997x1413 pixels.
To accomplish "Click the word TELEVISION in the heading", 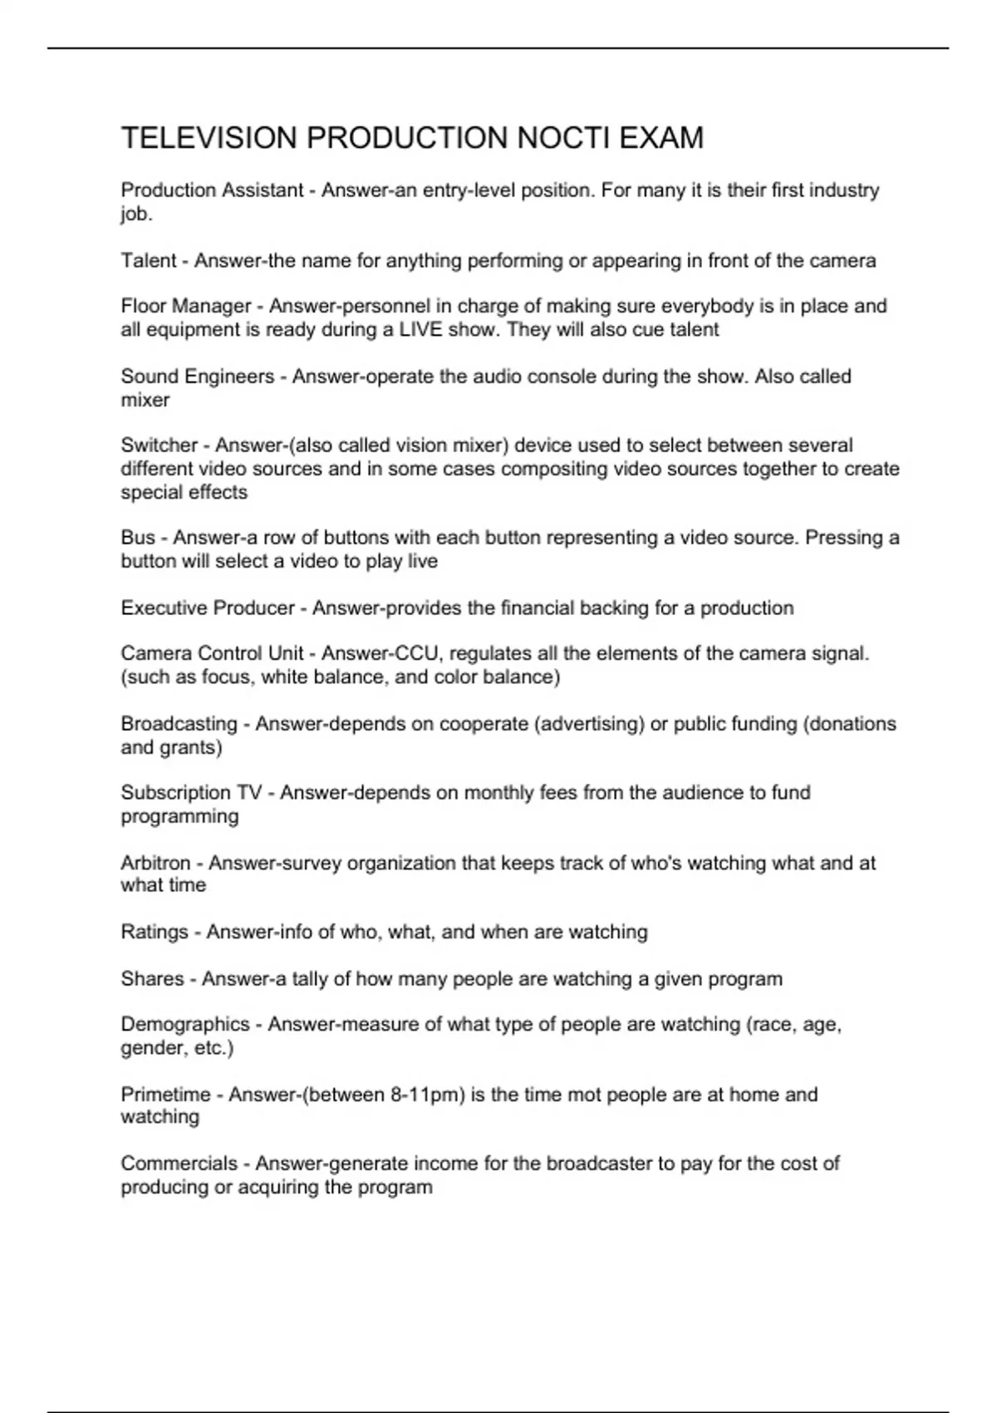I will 209,138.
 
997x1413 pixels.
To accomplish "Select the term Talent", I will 149,261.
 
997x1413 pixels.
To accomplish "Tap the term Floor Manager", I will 186,307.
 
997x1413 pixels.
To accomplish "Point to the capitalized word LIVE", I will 420,330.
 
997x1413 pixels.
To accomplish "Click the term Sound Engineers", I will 198,377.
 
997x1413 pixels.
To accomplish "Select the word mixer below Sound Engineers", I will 145,400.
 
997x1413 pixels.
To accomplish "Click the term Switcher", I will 160,446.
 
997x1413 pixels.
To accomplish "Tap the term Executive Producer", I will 208,608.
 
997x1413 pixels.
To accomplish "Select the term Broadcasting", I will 179,724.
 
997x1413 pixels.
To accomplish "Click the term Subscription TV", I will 191,793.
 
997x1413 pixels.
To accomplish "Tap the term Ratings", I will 155,933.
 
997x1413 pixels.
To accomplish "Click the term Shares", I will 152,979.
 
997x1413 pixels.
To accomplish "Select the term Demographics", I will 185,1025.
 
